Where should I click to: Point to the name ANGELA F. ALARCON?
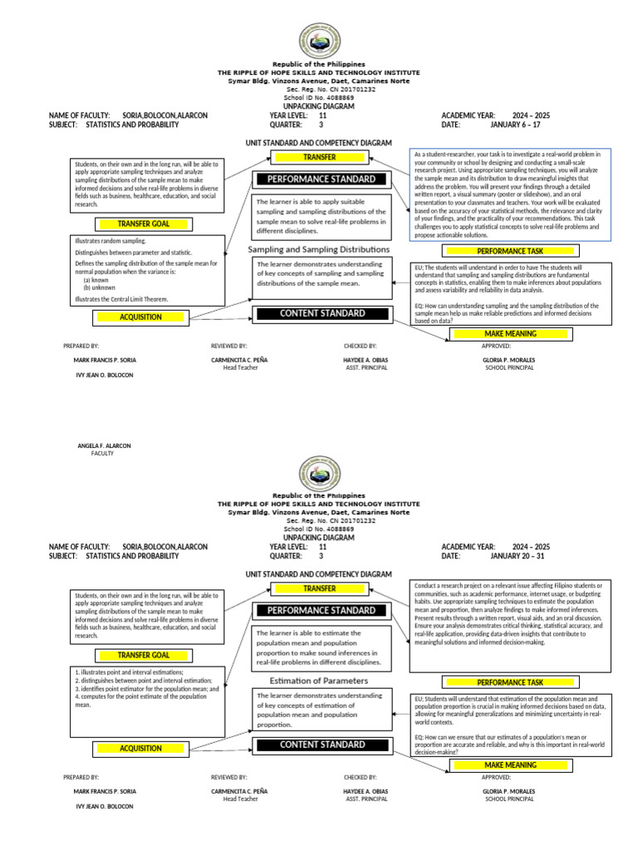coord(104,445)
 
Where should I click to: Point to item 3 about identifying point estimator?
coord(146,688)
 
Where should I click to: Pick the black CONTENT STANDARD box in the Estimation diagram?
coord(321,745)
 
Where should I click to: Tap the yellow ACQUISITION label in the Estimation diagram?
coord(140,748)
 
